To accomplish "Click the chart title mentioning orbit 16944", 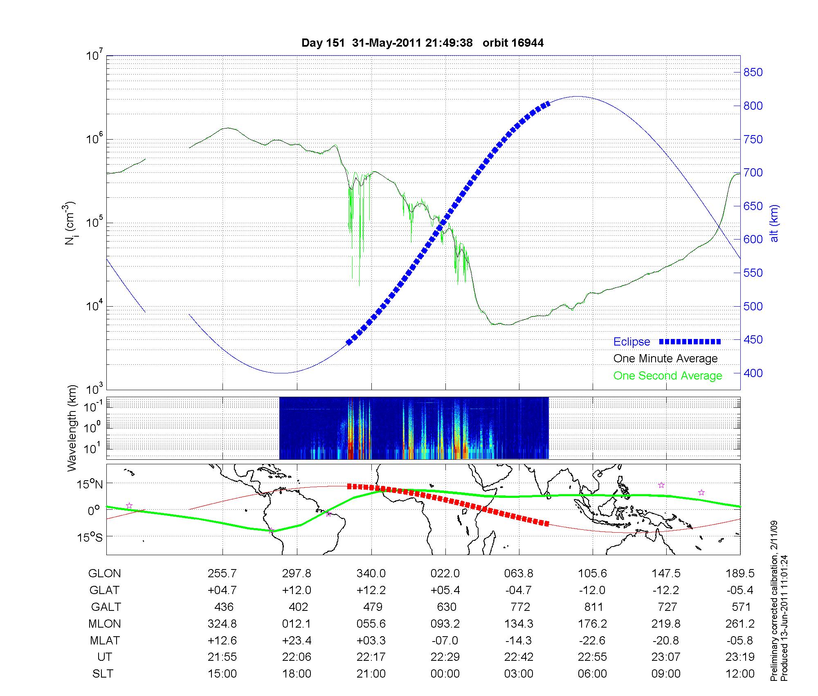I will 422,43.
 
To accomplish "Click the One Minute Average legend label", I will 665,359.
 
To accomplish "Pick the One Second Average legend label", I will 667,376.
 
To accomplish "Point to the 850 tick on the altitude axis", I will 753,72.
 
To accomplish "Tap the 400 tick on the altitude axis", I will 753,373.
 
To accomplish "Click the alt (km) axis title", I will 774,223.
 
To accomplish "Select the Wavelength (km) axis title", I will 72,428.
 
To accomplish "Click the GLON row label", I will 104,574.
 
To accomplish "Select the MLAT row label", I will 105,640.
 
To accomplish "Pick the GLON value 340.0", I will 371,574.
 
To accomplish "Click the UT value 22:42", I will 519,657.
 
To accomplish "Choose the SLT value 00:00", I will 445,674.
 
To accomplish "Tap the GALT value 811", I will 593,607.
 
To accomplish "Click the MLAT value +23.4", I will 297,640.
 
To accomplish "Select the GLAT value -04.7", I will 519,590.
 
